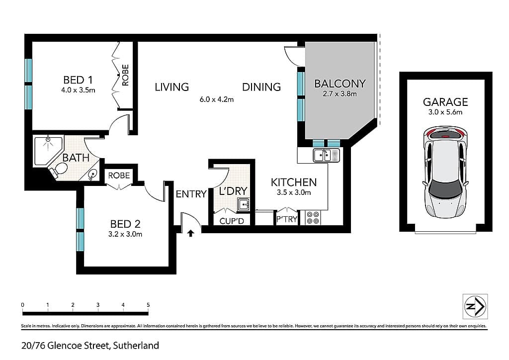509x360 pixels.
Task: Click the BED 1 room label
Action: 78,80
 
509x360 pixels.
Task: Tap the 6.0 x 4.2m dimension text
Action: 217,99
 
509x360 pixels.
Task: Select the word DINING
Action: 261,87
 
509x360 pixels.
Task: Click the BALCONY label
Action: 340,84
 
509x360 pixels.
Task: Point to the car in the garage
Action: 445,172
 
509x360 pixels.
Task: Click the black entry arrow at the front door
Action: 190,233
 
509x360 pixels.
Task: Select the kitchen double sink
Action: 326,155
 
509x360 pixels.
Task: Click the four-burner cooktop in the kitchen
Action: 313,217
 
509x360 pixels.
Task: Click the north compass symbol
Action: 475,307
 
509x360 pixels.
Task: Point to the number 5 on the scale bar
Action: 148,305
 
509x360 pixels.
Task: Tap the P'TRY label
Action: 287,219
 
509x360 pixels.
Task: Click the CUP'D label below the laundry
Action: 232,221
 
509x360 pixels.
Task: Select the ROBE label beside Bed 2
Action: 119,176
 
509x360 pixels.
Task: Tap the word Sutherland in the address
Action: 136,346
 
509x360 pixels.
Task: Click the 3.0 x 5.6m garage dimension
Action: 445,112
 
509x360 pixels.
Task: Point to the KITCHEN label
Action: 294,182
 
